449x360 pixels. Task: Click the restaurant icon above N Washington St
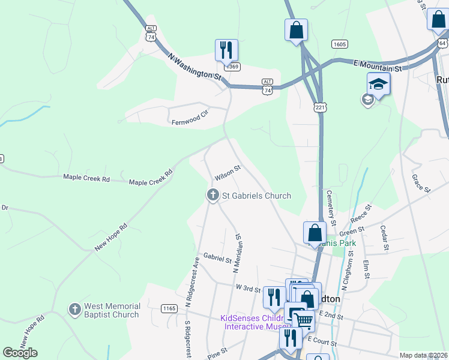pos(226,50)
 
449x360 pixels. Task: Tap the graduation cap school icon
pos(378,83)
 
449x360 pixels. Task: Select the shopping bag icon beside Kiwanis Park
pos(315,232)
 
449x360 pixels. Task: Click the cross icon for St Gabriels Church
pos(212,195)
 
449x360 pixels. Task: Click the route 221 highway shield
pos(319,107)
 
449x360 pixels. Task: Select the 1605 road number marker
pos(339,44)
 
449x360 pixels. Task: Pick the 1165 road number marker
pos(169,308)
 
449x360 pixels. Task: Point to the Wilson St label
pos(228,174)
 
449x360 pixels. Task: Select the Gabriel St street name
pos(217,259)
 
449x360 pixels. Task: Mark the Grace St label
pos(421,184)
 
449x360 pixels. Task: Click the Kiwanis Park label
pos(334,243)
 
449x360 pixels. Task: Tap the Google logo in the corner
pos(20,353)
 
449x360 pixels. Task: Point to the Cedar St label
pos(385,238)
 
